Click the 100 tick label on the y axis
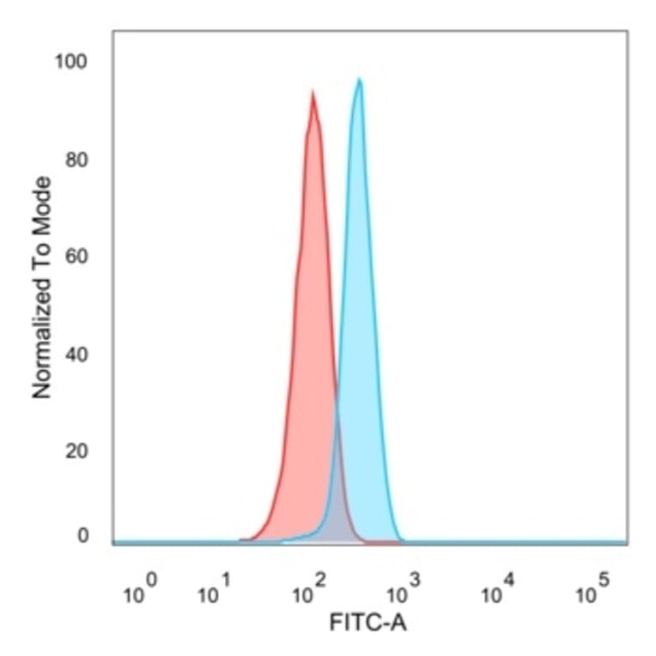coord(72,62)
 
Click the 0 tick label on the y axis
coord(82,536)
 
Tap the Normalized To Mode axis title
coord(41,288)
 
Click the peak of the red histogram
coord(313,93)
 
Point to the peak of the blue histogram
coord(360,80)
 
